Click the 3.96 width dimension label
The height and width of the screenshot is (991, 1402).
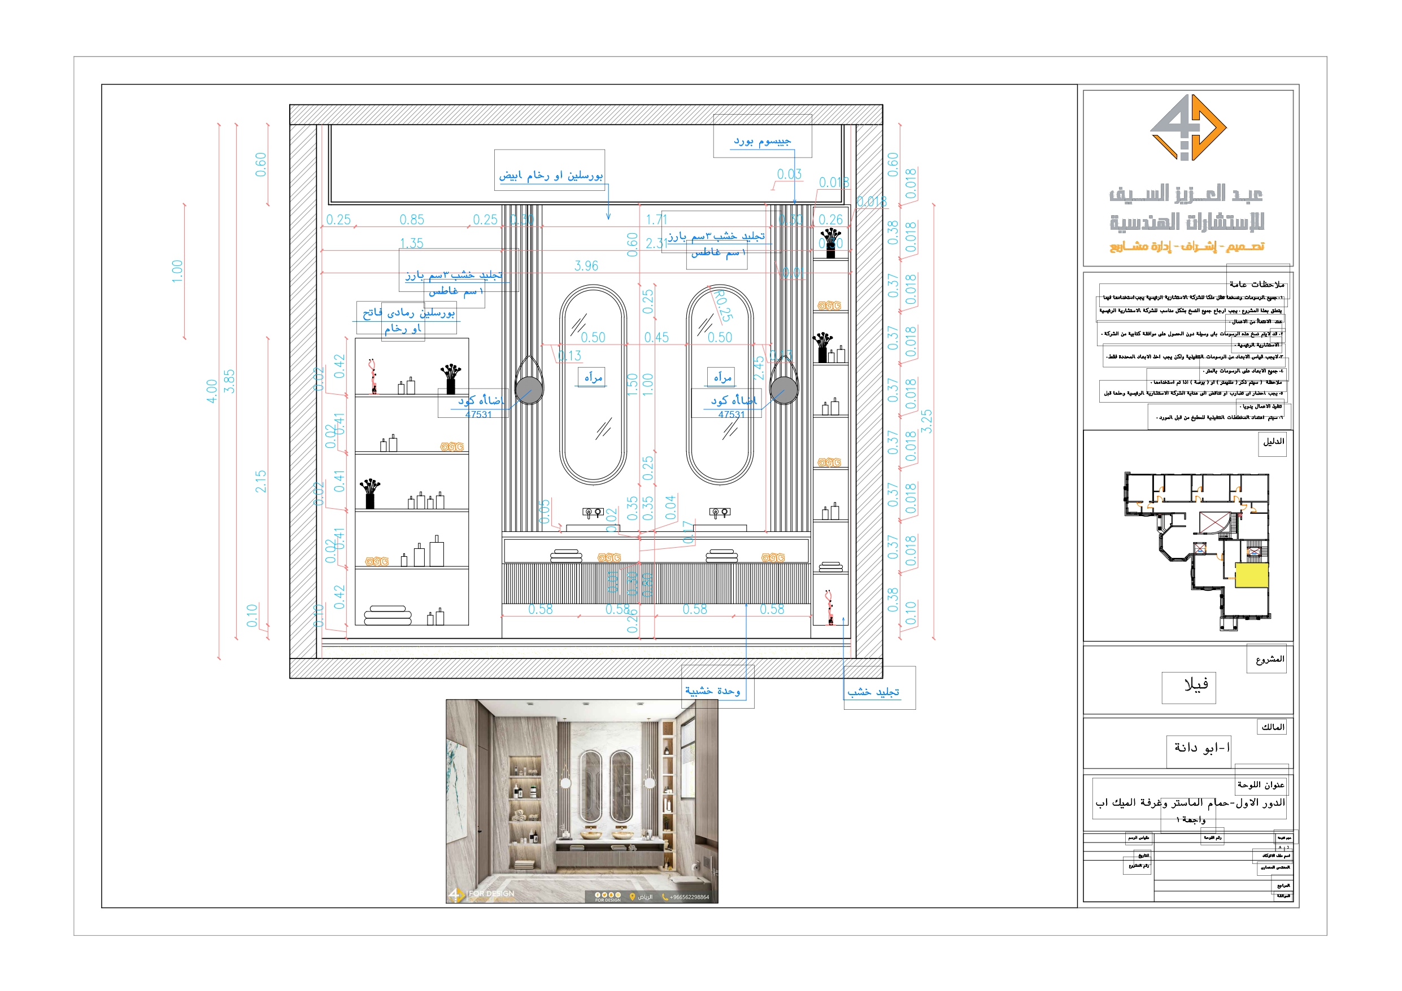pos(586,265)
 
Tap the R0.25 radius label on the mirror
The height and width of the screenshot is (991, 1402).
pos(724,305)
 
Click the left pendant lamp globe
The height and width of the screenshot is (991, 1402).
pos(529,390)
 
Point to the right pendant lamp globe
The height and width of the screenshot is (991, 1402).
pos(783,390)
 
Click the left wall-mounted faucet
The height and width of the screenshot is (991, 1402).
pos(593,512)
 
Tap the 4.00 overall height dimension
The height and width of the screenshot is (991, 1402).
pos(211,391)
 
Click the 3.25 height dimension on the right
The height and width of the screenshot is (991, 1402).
pos(926,421)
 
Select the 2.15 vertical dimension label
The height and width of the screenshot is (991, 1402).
pos(261,481)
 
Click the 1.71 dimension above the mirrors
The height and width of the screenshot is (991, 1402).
pos(656,219)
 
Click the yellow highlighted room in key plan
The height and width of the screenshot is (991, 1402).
pos(1251,575)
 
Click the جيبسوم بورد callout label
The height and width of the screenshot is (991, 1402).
pos(762,141)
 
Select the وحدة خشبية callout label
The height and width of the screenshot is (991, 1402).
pos(712,691)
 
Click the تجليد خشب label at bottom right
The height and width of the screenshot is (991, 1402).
pos(873,692)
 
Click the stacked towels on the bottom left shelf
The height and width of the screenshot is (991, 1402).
pos(387,615)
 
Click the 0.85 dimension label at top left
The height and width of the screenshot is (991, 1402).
pos(412,219)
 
